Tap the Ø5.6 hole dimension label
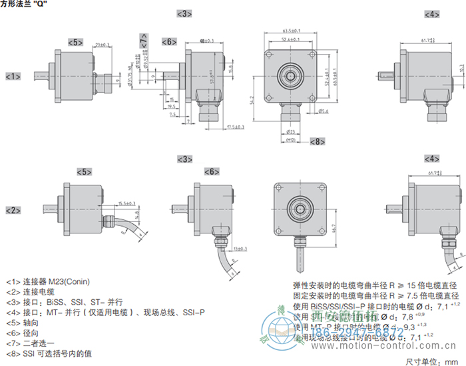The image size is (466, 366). (325, 111)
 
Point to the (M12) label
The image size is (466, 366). (290, 141)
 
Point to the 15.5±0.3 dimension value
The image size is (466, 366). (126, 203)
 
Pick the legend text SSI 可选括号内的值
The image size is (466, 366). (57, 351)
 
